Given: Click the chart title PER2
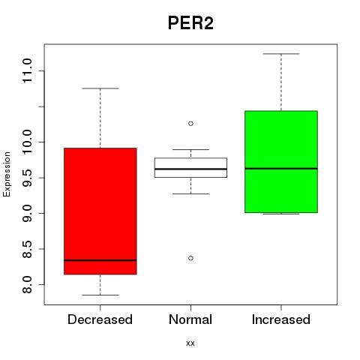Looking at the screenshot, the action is (x=190, y=23).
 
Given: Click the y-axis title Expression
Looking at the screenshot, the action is (x=7, y=174).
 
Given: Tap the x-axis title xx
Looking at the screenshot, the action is (x=190, y=343).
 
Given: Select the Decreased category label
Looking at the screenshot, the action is (x=100, y=319).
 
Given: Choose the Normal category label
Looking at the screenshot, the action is (x=190, y=319).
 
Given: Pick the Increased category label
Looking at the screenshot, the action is (x=281, y=319).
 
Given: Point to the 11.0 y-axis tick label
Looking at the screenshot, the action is (x=27, y=70).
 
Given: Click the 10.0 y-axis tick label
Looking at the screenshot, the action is (x=27, y=142).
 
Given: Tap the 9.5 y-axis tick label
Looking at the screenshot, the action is (x=27, y=178).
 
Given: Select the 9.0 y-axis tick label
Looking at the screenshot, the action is (x=27, y=213).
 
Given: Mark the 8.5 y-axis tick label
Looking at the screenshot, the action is (x=27, y=249).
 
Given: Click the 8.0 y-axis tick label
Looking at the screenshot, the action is (x=27, y=284).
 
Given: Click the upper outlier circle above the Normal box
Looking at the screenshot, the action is (x=190, y=124).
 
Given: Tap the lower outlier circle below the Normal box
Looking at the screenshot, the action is (x=190, y=258).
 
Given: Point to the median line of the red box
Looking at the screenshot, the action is (x=100, y=260).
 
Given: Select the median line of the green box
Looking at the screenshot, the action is (x=281, y=169).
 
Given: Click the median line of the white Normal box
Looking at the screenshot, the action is (x=190, y=169).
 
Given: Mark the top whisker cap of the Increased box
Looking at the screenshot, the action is (x=281, y=54).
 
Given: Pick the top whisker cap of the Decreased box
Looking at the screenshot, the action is (x=100, y=88).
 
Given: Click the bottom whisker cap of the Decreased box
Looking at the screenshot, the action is (x=100, y=295).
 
